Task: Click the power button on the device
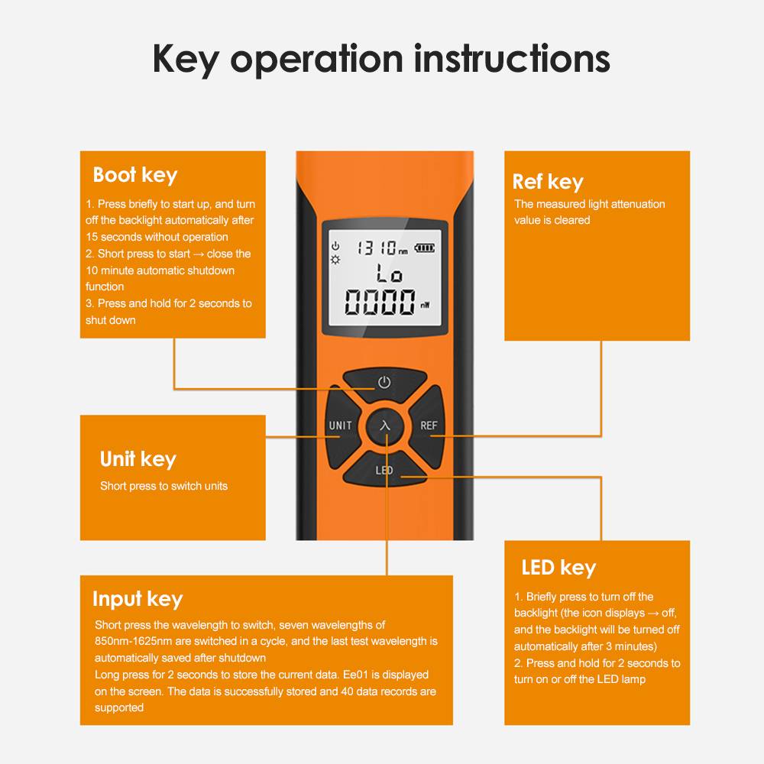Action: click(x=385, y=382)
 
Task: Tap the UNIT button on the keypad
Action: click(x=341, y=426)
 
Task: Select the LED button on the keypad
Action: click(x=384, y=469)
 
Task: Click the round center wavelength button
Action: click(x=385, y=426)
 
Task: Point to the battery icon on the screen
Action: click(x=424, y=248)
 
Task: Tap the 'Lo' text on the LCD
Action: click(x=390, y=274)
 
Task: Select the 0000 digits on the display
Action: click(x=380, y=302)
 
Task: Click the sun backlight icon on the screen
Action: click(x=335, y=260)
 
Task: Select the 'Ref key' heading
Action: click(x=548, y=183)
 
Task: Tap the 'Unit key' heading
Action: click(x=138, y=459)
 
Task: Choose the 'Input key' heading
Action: click(x=138, y=599)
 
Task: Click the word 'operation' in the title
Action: click(x=316, y=60)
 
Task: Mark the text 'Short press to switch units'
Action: click(x=163, y=486)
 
